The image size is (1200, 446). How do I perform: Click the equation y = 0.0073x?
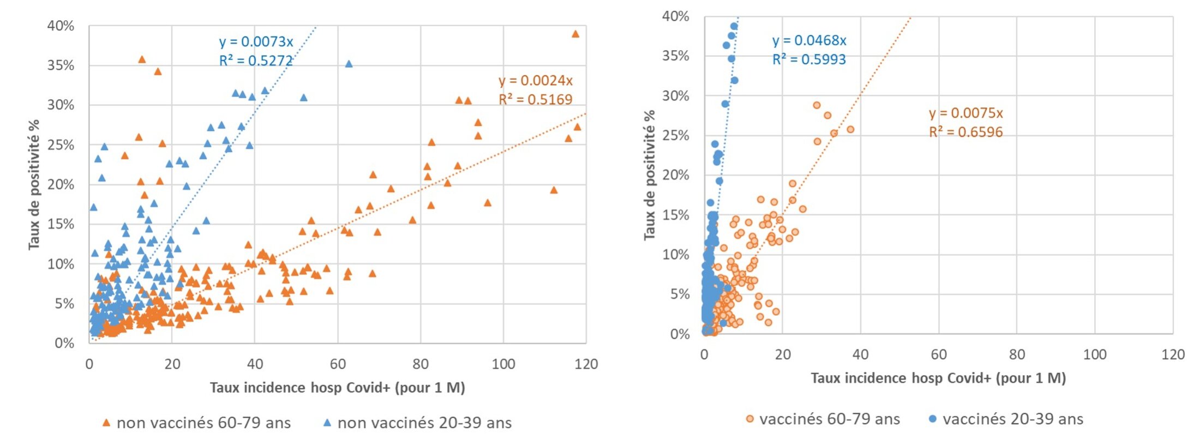pyautogui.click(x=256, y=42)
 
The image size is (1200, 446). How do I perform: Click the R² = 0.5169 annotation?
pyautogui.click(x=535, y=99)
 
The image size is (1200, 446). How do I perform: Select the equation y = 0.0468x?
pyautogui.click(x=809, y=40)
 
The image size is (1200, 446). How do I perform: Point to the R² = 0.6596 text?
pyautogui.click(x=965, y=132)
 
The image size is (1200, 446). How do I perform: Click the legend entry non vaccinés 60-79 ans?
pyautogui.click(x=203, y=423)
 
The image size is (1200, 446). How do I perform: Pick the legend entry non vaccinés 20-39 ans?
pyautogui.click(x=424, y=423)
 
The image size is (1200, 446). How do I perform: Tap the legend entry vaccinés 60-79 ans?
pyautogui.click(x=829, y=419)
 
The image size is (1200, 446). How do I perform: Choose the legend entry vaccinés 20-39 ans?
pyautogui.click(x=1012, y=419)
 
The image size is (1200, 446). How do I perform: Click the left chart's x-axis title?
pyautogui.click(x=337, y=388)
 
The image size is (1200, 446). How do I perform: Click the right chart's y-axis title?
pyautogui.click(x=649, y=175)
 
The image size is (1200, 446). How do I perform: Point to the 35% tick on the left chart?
pyautogui.click(x=61, y=65)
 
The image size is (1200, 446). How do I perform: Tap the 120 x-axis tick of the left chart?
pyautogui.click(x=586, y=364)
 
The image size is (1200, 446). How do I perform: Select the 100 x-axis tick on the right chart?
pyautogui.click(x=1094, y=355)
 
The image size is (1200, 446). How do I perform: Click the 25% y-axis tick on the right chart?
pyautogui.click(x=675, y=135)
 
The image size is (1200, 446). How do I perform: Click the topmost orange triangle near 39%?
pyautogui.click(x=575, y=34)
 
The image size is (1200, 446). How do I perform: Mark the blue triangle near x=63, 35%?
pyautogui.click(x=349, y=64)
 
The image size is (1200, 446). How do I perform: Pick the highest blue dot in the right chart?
pyautogui.click(x=734, y=26)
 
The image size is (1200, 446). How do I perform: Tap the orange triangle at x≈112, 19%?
pyautogui.click(x=554, y=190)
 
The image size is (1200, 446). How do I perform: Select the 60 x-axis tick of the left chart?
pyautogui.click(x=338, y=364)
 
